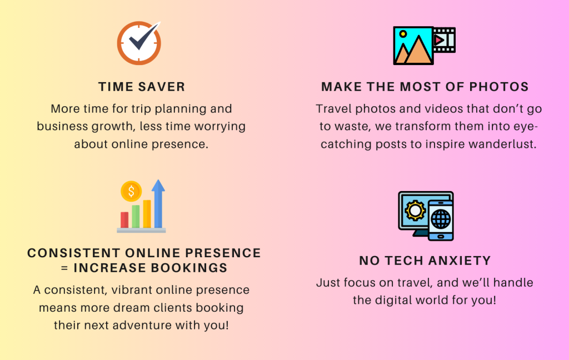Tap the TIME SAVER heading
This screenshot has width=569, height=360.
(x=142, y=87)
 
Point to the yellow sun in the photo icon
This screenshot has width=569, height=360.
(x=403, y=34)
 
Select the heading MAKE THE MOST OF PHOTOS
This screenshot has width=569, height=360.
(x=425, y=87)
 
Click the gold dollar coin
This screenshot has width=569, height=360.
(x=131, y=191)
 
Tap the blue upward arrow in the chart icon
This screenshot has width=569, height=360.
(x=158, y=203)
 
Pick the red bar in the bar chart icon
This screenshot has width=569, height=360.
(x=124, y=220)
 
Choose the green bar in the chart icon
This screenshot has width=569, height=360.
(x=136, y=216)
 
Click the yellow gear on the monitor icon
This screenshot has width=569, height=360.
(x=415, y=210)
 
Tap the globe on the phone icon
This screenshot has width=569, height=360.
(x=441, y=219)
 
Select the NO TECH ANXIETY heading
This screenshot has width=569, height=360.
(x=425, y=261)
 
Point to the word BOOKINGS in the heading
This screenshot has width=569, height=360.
(x=189, y=268)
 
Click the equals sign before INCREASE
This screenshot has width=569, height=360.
(x=64, y=268)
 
